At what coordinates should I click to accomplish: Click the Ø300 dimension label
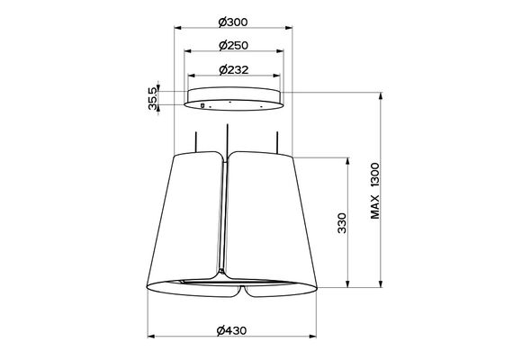tap(233, 22)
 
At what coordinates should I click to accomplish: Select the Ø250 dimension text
tap(233, 46)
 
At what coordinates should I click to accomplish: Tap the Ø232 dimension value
tap(234, 69)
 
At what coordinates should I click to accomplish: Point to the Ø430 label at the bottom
tap(231, 330)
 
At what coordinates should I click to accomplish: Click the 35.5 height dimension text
tap(152, 98)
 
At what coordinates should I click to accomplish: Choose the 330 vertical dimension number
tap(342, 223)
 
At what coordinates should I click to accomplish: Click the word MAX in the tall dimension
tap(375, 206)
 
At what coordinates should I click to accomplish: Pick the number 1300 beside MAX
tap(375, 175)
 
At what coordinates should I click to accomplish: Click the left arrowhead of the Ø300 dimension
tap(177, 28)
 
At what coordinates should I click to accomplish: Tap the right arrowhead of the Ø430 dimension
tap(313, 336)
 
